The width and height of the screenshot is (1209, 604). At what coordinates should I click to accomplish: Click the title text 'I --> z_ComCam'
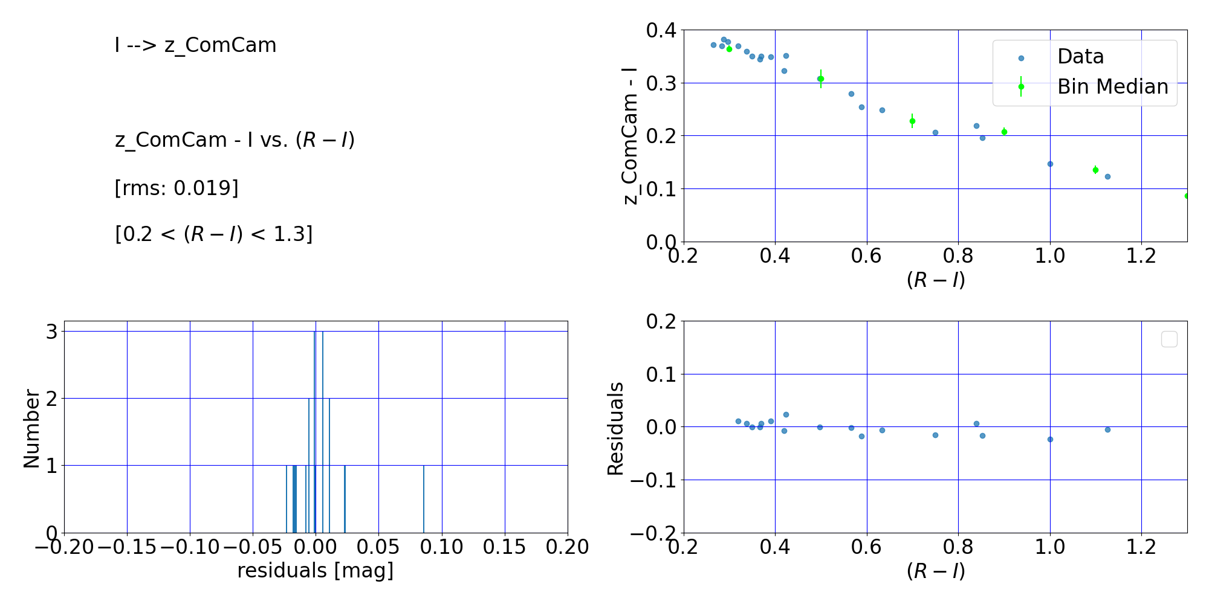coord(195,45)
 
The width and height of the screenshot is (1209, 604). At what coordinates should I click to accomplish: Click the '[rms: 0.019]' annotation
coord(177,188)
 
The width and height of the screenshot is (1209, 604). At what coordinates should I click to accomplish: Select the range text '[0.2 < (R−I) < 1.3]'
coord(213,234)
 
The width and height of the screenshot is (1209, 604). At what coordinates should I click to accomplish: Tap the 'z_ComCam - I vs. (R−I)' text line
coord(235,140)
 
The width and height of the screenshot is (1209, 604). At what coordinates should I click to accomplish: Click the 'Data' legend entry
coord(1080,57)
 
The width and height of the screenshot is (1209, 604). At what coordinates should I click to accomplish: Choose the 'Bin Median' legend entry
coord(1112,87)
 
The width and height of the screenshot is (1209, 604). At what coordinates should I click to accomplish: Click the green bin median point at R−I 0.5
coord(820,79)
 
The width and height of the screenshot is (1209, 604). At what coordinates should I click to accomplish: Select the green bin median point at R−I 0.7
coord(912,121)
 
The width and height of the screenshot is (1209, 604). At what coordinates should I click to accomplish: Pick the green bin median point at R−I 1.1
coord(1095,170)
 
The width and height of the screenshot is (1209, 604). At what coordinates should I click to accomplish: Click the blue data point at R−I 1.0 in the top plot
coord(1050,164)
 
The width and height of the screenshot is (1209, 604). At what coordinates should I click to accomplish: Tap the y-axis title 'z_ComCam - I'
coord(630,136)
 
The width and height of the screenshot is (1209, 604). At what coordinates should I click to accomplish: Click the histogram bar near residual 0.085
coord(423,499)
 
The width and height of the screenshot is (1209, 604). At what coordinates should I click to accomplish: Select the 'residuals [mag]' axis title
coord(315,570)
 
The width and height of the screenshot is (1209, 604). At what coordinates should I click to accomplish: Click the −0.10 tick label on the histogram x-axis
coord(189,547)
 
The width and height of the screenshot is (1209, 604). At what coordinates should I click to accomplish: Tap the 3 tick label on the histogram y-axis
coord(52,332)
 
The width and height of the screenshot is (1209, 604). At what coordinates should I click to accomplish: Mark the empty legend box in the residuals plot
coord(1169,339)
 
